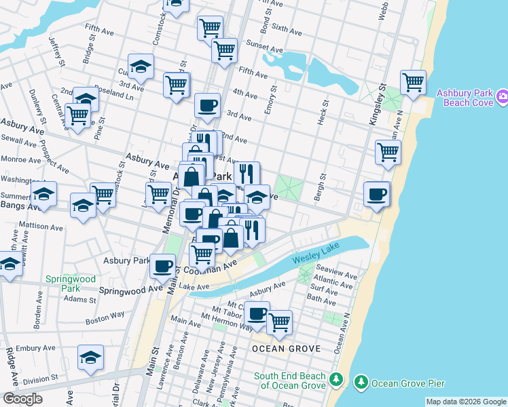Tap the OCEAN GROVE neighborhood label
285,349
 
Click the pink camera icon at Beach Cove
502,97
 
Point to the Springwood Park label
63,284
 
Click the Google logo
22,398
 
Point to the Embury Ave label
36,348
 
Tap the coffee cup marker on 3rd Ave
207,106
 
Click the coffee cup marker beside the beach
376,194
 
